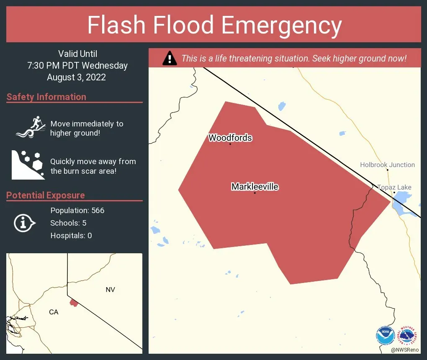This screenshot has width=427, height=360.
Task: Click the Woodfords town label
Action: pos(230,138)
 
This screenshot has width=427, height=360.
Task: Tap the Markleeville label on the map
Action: pos(255,187)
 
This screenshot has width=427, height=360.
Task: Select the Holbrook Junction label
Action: pos(387,165)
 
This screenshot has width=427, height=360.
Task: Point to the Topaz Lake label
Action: pos(394,187)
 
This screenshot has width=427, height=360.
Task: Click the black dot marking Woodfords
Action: pos(230,144)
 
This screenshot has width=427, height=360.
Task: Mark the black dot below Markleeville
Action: pos(255,193)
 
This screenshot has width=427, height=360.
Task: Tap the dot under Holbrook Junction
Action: pos(388,170)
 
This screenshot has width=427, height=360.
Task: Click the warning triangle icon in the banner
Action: pos(169,58)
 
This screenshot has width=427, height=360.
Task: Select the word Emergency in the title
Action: pos(282,25)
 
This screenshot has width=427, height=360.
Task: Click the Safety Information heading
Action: pos(46,97)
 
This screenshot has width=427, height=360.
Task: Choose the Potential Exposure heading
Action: pos(46,195)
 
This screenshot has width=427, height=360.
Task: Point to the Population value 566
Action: pos(98,210)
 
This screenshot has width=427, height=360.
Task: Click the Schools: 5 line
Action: pos(68,223)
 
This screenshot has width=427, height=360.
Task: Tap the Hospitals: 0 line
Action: pos(71,236)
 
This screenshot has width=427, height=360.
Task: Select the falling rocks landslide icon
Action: pos(28,165)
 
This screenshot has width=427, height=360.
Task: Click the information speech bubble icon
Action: pos(25,223)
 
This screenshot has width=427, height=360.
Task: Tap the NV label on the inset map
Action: pos(110,290)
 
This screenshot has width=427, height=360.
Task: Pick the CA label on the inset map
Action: pos(54,312)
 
